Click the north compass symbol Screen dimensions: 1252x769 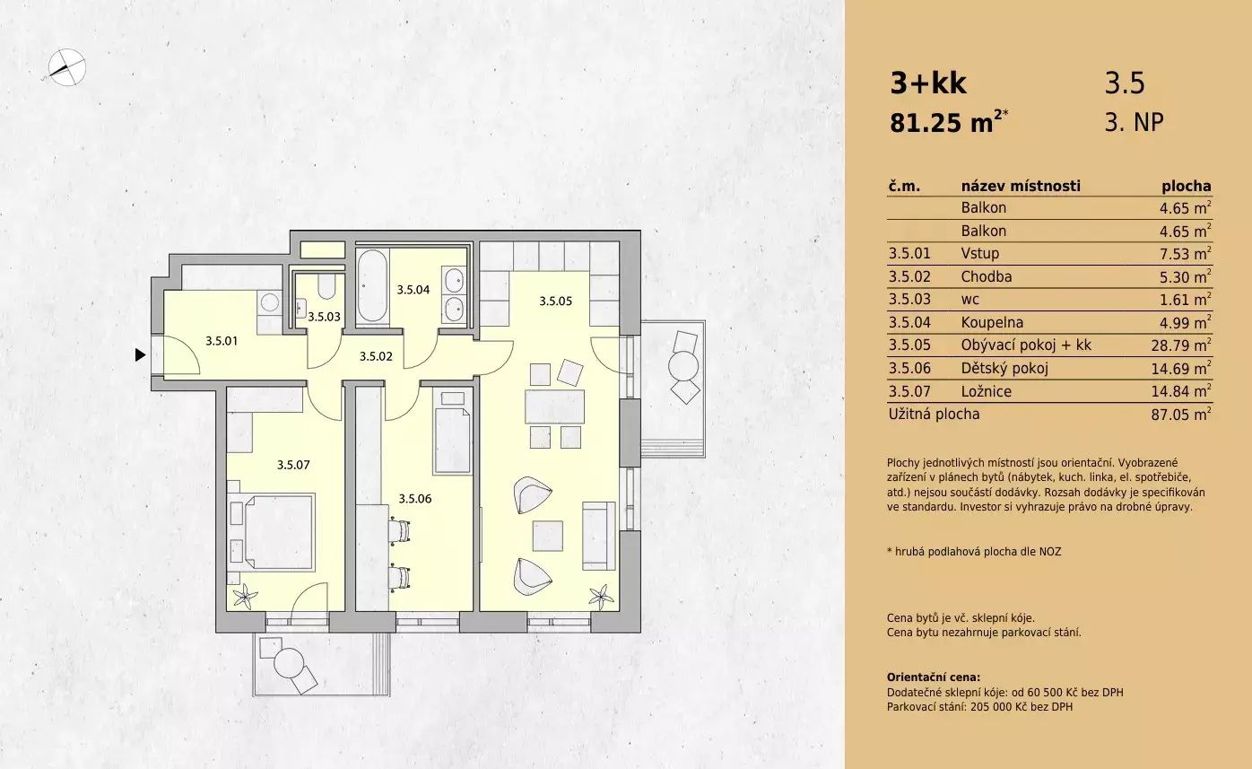tap(66, 67)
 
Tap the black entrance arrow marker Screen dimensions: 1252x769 tap(140, 354)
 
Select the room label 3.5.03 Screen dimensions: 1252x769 tap(324, 317)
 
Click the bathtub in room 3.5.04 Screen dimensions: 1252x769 tap(371, 285)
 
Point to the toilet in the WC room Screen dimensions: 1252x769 tap(326, 284)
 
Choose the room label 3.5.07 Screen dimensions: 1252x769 tap(293, 465)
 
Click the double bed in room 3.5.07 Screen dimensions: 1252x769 tap(273, 531)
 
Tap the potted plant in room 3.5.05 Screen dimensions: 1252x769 tap(601, 597)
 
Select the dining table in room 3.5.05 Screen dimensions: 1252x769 tap(554, 406)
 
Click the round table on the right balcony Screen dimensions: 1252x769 tap(683, 366)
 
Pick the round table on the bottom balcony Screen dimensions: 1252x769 tap(289, 663)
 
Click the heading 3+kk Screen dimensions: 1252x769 tap(928, 83)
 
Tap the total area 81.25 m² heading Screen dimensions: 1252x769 tap(949, 122)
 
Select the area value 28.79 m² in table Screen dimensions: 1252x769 tap(1181, 345)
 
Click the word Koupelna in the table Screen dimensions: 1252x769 tap(992, 322)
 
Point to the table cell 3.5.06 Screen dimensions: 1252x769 tap(909, 368)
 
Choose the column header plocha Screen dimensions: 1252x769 tap(1187, 187)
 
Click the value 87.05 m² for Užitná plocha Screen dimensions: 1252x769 tap(1181, 415)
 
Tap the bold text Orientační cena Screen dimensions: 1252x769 tap(934, 677)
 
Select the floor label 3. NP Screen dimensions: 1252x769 tap(1135, 122)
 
